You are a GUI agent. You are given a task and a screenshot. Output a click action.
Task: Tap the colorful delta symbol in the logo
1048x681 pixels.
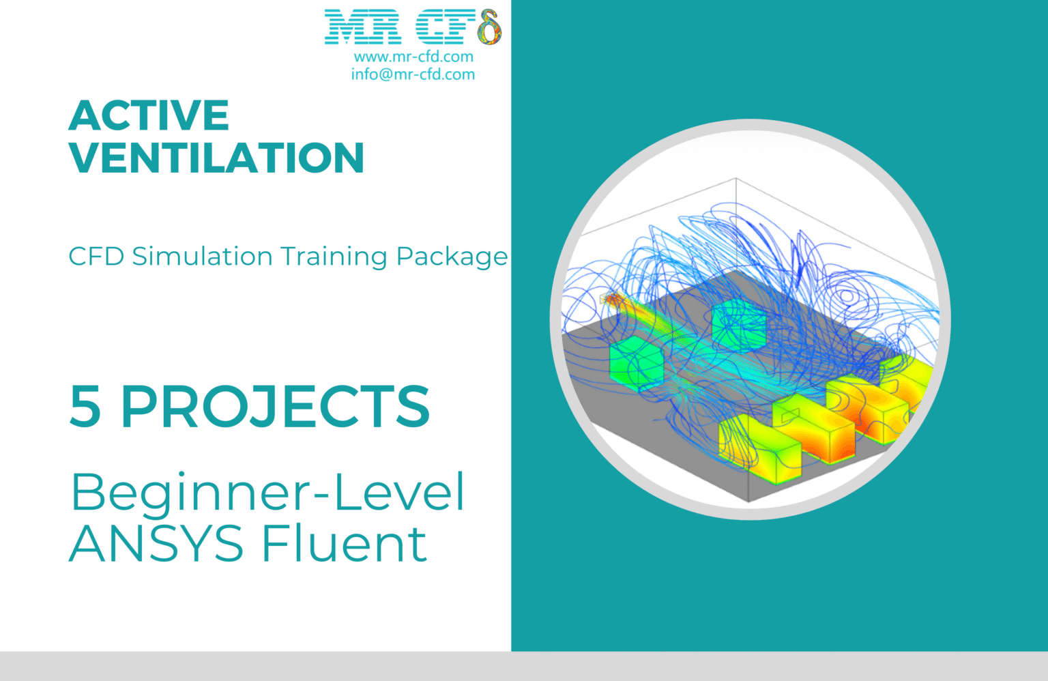[x=489, y=28]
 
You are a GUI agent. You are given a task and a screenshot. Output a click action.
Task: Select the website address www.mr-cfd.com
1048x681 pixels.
[x=413, y=57]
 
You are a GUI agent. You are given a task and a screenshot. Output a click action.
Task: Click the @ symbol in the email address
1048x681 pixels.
[x=385, y=74]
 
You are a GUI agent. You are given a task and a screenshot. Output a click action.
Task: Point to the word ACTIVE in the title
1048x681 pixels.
[x=149, y=115]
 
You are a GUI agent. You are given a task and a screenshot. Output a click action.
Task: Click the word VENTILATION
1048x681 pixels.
[x=216, y=158]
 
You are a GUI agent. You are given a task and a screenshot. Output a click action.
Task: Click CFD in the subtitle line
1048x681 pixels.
[x=96, y=257]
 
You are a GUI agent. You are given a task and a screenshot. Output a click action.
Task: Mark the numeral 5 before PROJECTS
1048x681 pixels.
[x=85, y=407]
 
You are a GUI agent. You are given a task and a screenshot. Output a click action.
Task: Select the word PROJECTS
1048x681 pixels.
[x=275, y=407]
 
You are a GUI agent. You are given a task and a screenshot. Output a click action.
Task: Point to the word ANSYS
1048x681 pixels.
[x=156, y=544]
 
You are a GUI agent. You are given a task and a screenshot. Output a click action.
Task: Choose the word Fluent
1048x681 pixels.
[x=345, y=544]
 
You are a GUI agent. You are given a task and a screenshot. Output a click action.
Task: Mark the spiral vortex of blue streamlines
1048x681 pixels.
[x=847, y=296]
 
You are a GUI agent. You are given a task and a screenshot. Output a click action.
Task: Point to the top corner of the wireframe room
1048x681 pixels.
[x=736, y=179]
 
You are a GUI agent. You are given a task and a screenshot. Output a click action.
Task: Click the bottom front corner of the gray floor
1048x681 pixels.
[x=748, y=501]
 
